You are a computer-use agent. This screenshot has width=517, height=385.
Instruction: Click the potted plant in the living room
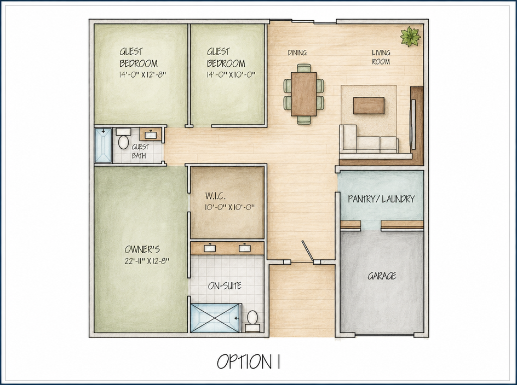(x=411, y=36)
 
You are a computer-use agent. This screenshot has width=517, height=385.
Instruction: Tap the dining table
(x=303, y=94)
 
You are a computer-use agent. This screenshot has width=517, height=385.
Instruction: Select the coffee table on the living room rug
(x=369, y=106)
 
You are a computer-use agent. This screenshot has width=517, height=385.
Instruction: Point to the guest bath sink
(x=151, y=135)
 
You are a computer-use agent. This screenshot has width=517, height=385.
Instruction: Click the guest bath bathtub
(x=103, y=145)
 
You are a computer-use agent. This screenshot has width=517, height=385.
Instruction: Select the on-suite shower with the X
(x=215, y=318)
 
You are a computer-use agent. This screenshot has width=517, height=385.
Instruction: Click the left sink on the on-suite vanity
(x=210, y=248)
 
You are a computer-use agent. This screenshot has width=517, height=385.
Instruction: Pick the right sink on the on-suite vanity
(x=245, y=248)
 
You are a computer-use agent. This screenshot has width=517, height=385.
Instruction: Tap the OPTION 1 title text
(x=249, y=361)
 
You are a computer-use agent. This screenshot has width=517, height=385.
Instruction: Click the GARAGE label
(x=382, y=276)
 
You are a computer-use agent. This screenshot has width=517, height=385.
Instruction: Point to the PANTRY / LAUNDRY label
(x=381, y=199)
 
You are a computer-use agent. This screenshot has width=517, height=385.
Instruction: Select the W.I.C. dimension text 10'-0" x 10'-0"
(x=229, y=207)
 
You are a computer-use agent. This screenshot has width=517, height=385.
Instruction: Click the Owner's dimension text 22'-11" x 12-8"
(x=147, y=261)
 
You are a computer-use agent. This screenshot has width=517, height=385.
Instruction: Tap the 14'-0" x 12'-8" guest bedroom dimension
(x=142, y=74)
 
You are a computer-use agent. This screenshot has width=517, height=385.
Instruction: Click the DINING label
(x=297, y=52)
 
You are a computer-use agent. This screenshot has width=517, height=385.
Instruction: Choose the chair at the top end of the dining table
(x=303, y=68)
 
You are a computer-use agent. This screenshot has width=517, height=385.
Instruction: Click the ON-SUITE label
(x=225, y=285)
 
